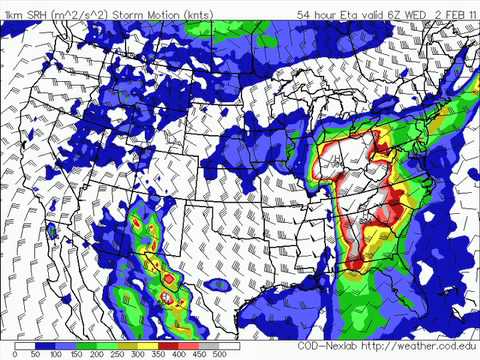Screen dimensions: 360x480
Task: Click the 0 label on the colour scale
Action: point(8,353)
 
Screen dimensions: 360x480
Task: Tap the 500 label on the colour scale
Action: point(246,353)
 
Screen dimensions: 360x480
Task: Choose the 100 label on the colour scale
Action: point(56,353)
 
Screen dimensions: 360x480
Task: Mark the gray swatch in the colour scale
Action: point(234,344)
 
